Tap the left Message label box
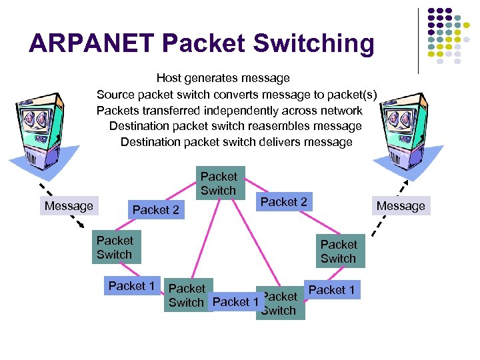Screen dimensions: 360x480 coord(69,206)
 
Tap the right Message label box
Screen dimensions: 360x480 coord(401,206)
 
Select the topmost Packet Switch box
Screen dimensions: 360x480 coord(219,183)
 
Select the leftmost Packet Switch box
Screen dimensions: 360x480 coord(115,247)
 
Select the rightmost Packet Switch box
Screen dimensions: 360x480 coord(339,251)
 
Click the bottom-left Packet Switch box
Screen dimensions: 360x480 coord(187,295)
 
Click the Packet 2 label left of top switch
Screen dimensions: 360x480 coord(156,210)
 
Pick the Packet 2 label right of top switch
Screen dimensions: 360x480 coord(283,201)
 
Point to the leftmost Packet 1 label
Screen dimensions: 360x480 coord(131,286)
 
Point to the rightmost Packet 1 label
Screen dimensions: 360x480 coord(331,289)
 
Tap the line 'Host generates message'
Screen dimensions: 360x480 coord(223,79)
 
